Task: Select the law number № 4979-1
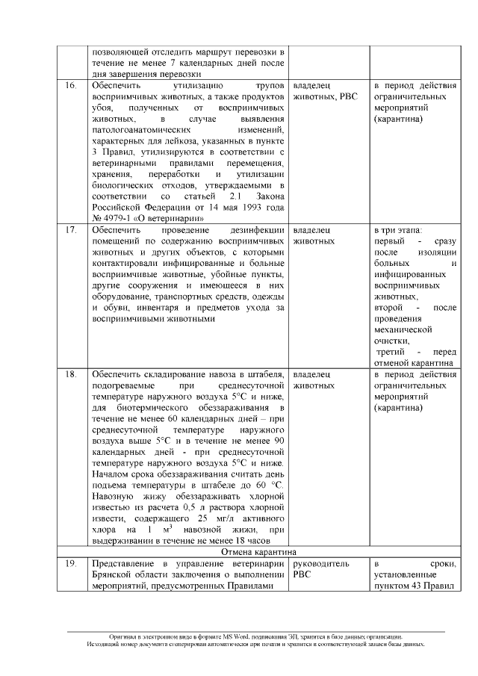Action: point(114,218)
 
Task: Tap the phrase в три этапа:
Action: point(398,230)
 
